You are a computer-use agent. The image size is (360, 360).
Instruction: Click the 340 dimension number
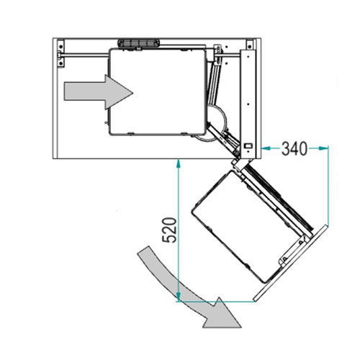pos(294,149)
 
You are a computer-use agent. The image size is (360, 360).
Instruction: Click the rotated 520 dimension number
pos(169,230)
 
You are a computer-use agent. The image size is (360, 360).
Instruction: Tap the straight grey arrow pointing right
pos(99,92)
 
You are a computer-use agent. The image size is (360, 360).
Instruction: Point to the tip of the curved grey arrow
pos(241,328)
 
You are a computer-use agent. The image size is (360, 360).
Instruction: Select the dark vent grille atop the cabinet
pos(138,43)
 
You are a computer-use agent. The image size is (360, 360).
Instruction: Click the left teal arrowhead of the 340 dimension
pos(266,149)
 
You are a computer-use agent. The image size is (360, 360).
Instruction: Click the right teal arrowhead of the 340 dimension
pos(323,149)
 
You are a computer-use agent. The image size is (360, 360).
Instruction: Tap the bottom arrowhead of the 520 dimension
pos(178,297)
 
